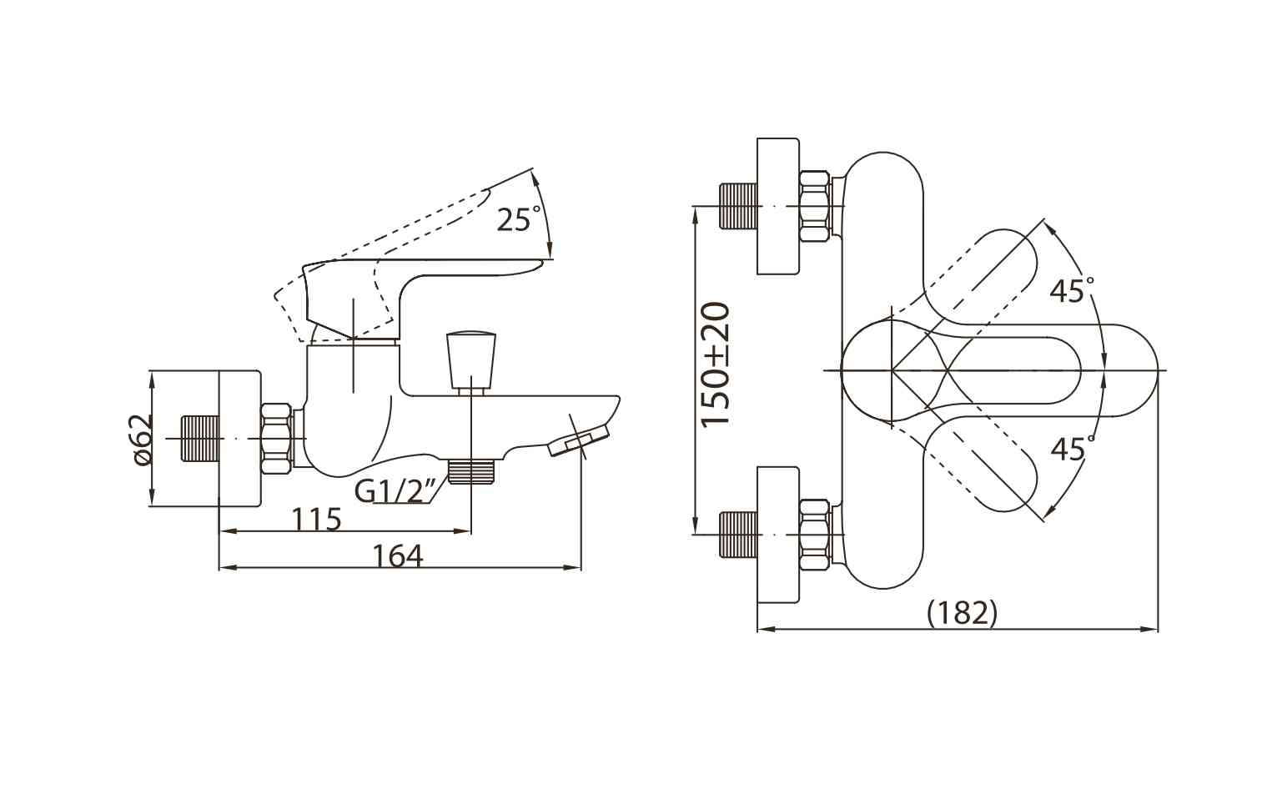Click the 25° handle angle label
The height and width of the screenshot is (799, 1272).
point(519,219)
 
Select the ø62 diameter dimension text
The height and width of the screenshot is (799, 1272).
point(143,440)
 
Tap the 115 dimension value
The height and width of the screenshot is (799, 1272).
point(316,519)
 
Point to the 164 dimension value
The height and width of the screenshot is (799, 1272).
point(398,556)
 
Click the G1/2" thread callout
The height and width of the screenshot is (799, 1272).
point(395,491)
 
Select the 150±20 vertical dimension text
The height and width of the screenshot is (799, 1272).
point(715,364)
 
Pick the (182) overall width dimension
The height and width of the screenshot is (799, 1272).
point(962,613)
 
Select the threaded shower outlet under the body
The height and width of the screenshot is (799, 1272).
point(471,472)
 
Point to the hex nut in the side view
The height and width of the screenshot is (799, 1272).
point(277,439)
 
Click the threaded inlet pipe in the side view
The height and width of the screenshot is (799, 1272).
point(200,439)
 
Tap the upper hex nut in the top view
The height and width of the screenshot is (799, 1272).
point(814,206)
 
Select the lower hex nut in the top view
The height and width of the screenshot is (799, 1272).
point(814,535)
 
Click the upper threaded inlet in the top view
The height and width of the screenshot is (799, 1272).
point(738,206)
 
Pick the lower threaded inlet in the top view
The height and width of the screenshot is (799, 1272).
point(738,535)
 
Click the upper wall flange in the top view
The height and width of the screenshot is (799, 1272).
point(778,206)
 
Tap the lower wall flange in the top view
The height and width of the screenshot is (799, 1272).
point(778,535)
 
